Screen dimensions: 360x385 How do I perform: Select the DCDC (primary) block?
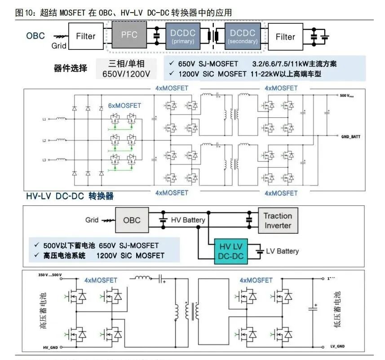point(183,36)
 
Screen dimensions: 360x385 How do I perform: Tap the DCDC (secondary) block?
point(243,36)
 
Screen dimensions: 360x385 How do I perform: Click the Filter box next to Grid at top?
point(85,36)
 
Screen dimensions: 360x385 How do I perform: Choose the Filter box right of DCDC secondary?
point(285,36)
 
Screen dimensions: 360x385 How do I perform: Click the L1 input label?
point(44,120)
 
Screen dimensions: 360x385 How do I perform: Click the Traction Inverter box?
point(278,221)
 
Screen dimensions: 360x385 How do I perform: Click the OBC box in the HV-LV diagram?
point(131,220)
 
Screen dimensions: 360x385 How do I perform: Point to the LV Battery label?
point(282,251)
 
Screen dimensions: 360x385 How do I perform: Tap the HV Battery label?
point(188,220)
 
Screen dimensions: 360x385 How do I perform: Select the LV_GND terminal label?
point(335,347)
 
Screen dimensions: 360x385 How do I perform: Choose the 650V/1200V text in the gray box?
point(126,73)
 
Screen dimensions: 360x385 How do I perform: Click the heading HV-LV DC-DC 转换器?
point(70,196)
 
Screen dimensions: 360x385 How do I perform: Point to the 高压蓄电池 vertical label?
point(44,310)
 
